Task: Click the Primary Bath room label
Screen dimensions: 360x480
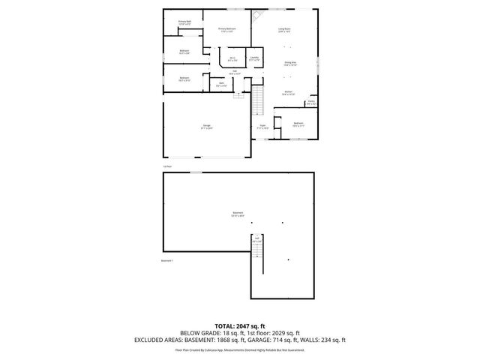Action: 184,22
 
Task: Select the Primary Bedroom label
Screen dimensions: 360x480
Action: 226,30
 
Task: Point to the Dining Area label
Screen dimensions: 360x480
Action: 289,64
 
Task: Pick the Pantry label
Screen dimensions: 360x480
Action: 311,102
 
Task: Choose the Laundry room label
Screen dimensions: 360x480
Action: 254,58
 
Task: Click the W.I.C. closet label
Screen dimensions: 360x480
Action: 232,58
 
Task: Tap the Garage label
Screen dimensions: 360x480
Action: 206,126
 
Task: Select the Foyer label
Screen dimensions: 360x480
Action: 263,126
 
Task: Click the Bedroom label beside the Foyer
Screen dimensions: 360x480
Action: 298,124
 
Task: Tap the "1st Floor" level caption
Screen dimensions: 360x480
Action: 168,166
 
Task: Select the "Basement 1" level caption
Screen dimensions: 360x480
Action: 167,261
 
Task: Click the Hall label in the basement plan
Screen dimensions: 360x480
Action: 257,240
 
